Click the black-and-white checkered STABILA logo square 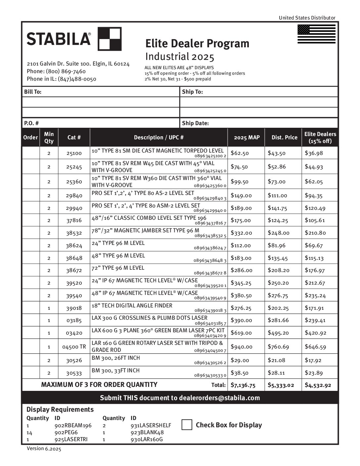coord(110,39)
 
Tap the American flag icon coord(316,34)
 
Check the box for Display coord(187,425)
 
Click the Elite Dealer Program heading coord(197,43)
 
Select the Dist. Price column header coord(284,137)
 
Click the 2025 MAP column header coord(247,137)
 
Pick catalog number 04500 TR coord(74,347)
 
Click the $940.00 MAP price coord(242,347)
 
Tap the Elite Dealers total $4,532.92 coord(318,385)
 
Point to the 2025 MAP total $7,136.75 coord(243,385)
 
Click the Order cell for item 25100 coord(30,153)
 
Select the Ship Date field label coord(195,123)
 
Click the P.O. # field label coord(31,123)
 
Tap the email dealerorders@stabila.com coord(219,398)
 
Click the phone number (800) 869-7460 coord(66,71)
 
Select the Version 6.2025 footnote coord(44,448)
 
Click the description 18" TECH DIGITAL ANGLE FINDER coord(132,305)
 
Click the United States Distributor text coord(307,18)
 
